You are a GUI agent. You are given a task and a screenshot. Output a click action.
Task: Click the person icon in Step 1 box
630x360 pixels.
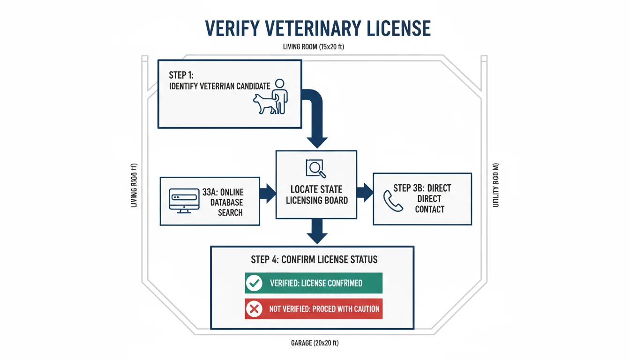tap(280, 96)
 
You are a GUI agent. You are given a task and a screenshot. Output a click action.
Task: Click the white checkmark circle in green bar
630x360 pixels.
tap(254, 283)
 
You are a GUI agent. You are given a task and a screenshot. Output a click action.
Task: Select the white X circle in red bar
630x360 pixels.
tap(254, 309)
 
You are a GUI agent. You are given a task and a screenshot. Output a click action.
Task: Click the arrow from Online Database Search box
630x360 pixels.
tap(268, 193)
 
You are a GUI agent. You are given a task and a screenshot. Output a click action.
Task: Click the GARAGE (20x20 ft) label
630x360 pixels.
tap(315, 343)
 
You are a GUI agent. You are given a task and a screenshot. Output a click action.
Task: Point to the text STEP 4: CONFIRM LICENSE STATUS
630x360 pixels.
tap(314, 259)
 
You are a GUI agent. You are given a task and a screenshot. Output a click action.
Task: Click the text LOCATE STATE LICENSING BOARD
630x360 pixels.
tap(316, 195)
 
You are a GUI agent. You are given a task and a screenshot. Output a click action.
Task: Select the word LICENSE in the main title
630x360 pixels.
tap(398, 28)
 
